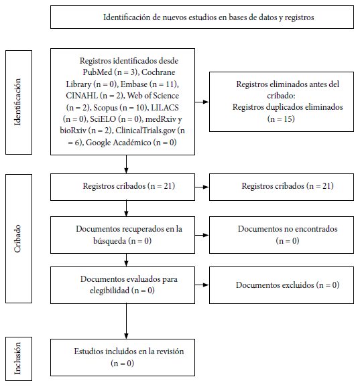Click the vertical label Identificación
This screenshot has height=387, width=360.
click(17, 102)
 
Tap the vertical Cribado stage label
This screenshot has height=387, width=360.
click(17, 238)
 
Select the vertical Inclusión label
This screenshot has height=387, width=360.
click(17, 358)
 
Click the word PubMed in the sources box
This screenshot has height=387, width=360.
click(97, 72)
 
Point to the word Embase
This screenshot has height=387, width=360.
click(134, 84)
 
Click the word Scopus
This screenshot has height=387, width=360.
click(105, 108)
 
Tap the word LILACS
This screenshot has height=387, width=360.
click(165, 108)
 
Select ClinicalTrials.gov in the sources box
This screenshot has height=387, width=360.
click(145, 131)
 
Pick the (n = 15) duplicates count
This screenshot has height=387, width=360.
click(281, 119)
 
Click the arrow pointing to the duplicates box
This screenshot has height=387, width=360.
click(202, 102)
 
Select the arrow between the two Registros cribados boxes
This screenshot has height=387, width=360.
click(202, 187)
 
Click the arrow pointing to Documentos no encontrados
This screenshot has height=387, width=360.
click(202, 235)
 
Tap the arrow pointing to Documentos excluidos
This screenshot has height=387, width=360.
click(202, 285)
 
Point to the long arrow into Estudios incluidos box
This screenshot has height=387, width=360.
click(126, 321)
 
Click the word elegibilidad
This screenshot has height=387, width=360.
click(109, 291)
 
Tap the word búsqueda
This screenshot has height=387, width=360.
click(109, 240)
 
